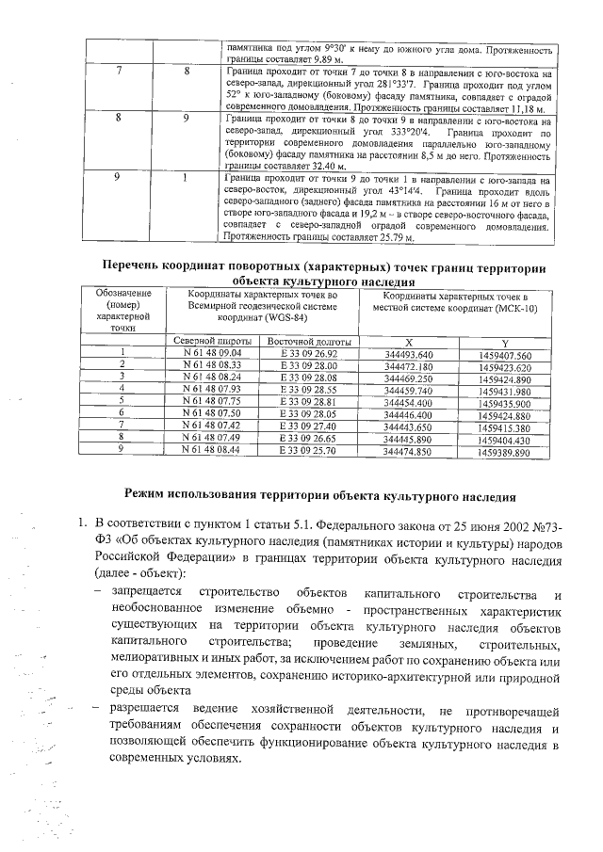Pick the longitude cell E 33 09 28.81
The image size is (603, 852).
click(x=309, y=402)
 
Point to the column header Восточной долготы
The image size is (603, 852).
click(x=309, y=341)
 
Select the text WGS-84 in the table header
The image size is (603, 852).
click(x=278, y=317)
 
